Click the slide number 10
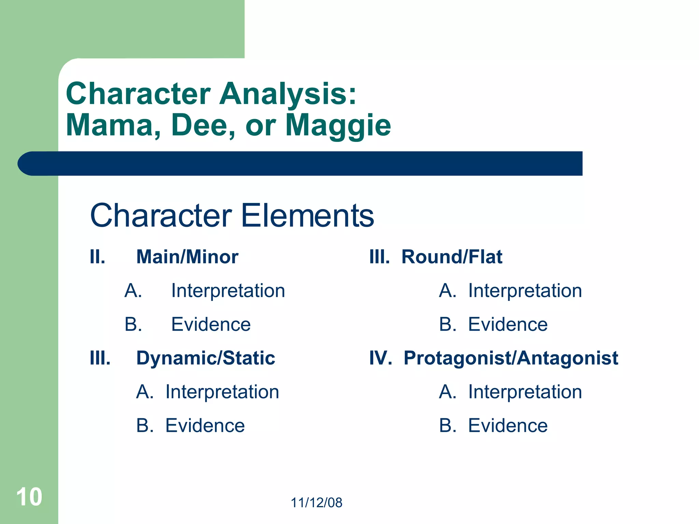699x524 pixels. click(29, 497)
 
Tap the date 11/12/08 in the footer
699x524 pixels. click(316, 503)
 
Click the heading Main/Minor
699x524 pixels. click(187, 257)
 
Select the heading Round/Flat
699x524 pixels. click(452, 257)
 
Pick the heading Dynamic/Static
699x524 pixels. click(205, 358)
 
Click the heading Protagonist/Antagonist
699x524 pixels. click(511, 358)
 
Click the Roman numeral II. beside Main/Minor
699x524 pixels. click(97, 257)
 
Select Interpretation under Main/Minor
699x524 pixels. click(228, 291)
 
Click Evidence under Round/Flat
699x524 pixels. click(508, 324)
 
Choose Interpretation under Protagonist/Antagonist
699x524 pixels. click(525, 392)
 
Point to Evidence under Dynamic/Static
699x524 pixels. click(205, 425)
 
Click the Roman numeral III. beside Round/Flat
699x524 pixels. click(379, 257)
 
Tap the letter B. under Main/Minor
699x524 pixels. click(133, 324)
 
